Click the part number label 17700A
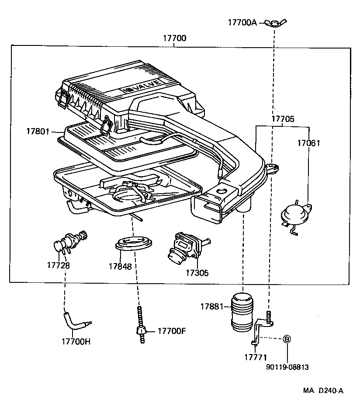[x=242, y=22]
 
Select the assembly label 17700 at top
[x=175, y=38]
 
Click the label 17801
[x=38, y=131]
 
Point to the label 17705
[x=283, y=119]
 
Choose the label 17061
[x=308, y=143]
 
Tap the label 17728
[x=59, y=265]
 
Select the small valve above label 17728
[x=70, y=241]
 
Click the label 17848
[x=120, y=266]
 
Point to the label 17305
[x=197, y=273]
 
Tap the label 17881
[x=212, y=307]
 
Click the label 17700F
[x=172, y=331]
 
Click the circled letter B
[x=287, y=339]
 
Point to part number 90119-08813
[x=287, y=367]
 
